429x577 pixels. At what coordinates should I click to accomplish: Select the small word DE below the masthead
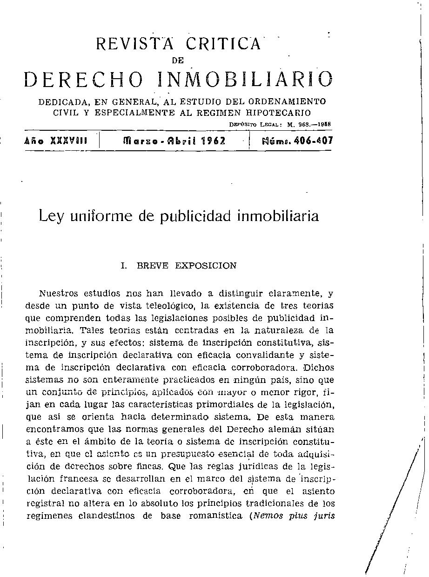178,60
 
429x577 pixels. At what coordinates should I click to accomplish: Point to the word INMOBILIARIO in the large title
246,80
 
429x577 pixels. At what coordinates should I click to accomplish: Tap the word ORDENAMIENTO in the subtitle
287,101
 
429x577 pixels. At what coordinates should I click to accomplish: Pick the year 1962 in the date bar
213,141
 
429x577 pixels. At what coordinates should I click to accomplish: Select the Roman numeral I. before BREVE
124,266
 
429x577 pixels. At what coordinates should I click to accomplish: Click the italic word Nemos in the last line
267,516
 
